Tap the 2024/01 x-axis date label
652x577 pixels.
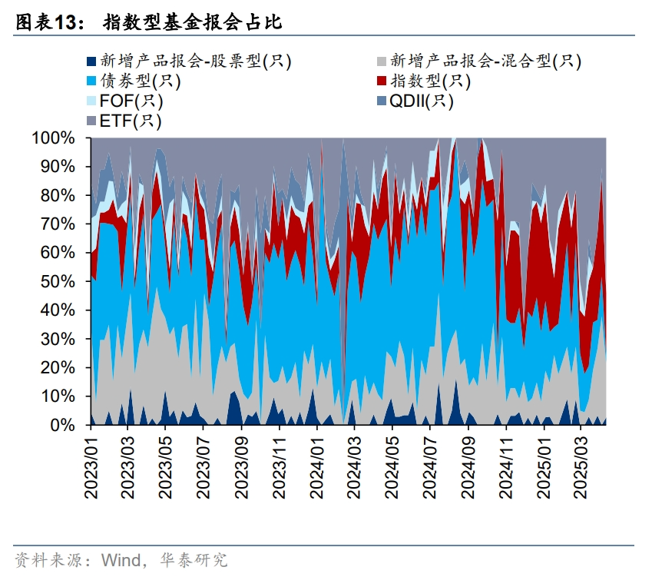317,467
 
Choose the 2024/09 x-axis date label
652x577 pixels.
468,467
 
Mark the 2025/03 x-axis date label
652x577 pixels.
581,467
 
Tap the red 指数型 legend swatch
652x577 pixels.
382,81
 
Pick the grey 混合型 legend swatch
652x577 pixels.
382,61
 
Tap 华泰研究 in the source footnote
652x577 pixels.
194,559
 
